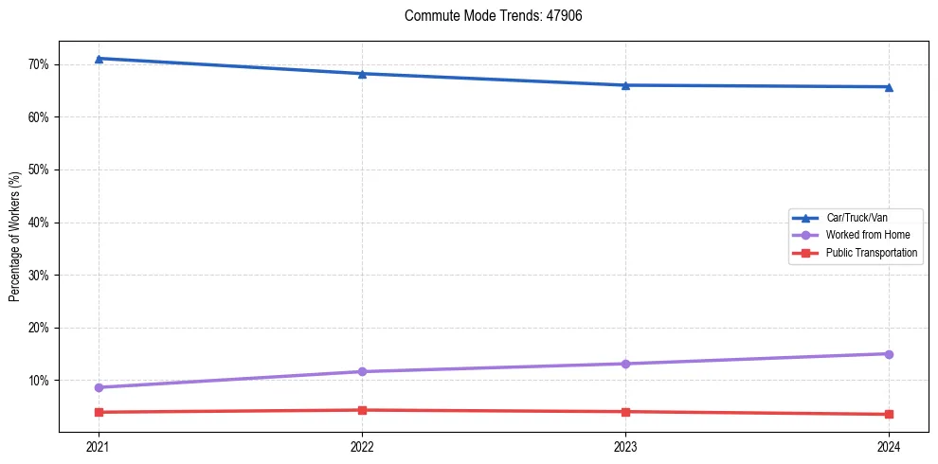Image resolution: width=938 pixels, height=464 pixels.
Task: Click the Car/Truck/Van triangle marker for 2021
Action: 99,59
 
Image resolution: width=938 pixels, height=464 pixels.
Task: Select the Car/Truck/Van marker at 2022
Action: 362,74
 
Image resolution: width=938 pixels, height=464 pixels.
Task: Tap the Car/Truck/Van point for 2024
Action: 889,87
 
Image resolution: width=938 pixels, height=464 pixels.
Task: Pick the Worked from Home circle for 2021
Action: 99,387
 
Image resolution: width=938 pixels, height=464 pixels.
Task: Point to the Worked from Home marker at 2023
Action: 625,364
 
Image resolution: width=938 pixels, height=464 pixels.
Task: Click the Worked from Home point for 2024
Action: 889,354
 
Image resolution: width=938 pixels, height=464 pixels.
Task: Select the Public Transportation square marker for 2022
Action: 362,410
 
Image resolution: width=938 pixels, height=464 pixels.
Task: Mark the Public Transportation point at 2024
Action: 889,414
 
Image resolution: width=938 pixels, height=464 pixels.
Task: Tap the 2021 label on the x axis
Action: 99,446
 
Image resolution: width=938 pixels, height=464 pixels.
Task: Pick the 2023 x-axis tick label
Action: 625,446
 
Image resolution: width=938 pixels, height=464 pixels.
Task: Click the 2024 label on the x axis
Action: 889,446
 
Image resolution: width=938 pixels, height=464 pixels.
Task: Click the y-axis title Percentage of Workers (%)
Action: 15,243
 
